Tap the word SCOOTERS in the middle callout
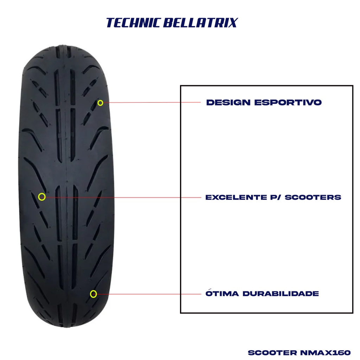313,197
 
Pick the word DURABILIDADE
281,294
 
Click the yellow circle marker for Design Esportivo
100,103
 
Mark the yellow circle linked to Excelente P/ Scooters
42,197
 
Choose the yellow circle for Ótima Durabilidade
93,294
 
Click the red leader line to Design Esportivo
151,103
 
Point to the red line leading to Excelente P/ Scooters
123,197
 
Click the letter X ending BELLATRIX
232,23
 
